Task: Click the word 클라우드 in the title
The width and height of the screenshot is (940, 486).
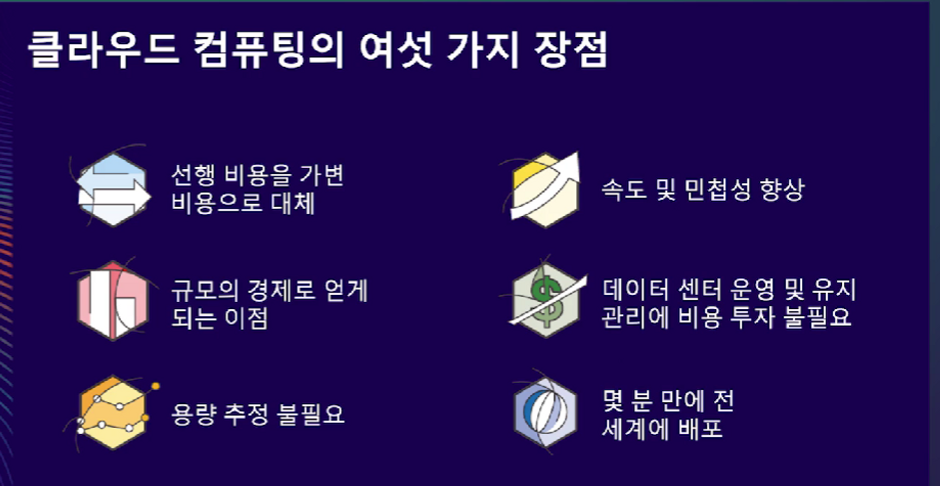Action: tap(103, 50)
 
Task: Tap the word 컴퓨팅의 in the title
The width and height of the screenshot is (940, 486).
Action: tap(269, 50)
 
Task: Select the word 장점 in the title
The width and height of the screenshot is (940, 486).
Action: tap(571, 50)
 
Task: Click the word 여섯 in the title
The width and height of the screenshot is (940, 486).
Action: tap(396, 50)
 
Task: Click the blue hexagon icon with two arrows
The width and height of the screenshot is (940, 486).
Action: tap(113, 189)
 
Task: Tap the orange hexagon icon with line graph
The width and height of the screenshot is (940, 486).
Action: tap(113, 413)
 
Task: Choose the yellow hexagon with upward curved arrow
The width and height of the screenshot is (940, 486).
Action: tap(545, 190)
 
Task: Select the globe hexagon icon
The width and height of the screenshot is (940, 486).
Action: tap(545, 413)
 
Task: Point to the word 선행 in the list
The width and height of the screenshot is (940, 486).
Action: tap(193, 175)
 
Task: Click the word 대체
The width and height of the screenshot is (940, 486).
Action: tap(292, 204)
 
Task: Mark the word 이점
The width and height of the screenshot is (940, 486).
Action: tap(246, 318)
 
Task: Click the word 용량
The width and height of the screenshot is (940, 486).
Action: tap(193, 415)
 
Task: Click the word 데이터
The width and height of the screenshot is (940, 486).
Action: tap(635, 290)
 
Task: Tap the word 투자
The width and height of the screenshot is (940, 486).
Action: tap(752, 317)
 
